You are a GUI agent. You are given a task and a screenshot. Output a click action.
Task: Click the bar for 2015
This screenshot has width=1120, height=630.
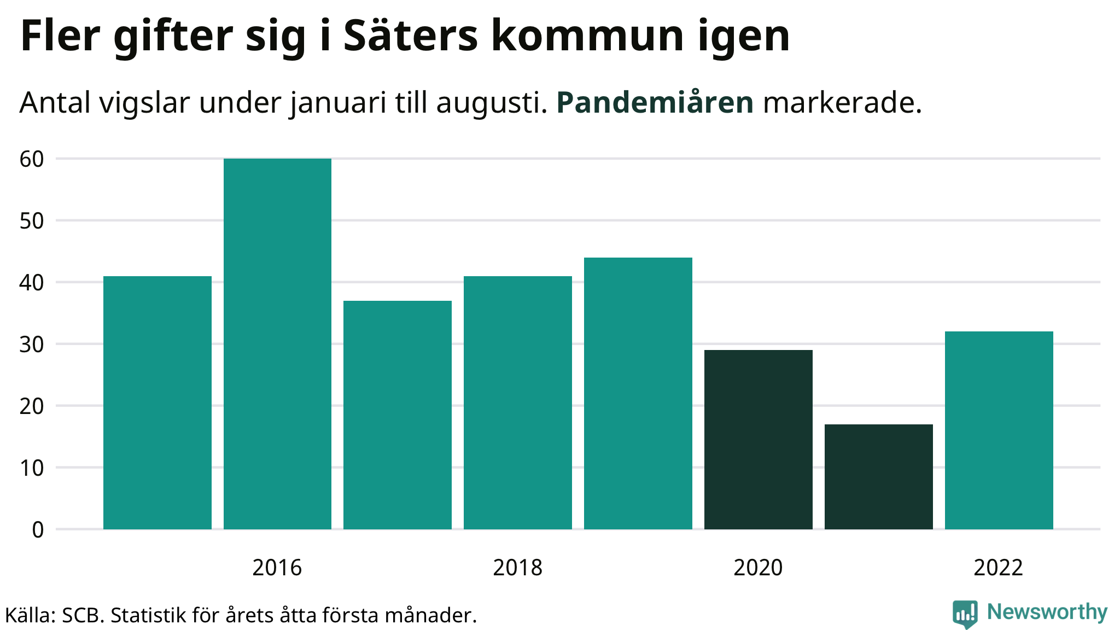pyautogui.click(x=157, y=402)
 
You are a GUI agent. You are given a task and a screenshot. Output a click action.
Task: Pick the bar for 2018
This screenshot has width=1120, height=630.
pyautogui.click(x=518, y=402)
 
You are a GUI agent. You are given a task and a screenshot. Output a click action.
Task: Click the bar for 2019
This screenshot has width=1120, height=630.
pyautogui.click(x=638, y=393)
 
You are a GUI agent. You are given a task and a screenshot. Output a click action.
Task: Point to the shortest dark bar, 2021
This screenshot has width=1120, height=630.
pyautogui.click(x=879, y=476)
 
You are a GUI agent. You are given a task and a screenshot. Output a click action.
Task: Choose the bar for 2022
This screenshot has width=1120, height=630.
pyautogui.click(x=999, y=430)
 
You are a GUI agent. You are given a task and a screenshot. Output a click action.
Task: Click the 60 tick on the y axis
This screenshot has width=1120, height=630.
pyautogui.click(x=32, y=159)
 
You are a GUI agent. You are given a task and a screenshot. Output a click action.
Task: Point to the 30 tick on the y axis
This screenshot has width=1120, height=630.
pyautogui.click(x=32, y=345)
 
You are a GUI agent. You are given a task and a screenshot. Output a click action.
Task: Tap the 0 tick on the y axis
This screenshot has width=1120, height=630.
pyautogui.click(x=38, y=530)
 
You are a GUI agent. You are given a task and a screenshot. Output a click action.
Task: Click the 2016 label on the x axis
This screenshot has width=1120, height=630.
pyautogui.click(x=277, y=568)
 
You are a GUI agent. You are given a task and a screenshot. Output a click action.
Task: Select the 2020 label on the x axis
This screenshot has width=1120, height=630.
pyautogui.click(x=758, y=568)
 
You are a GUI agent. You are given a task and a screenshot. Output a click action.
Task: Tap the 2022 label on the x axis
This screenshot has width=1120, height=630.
pyautogui.click(x=998, y=568)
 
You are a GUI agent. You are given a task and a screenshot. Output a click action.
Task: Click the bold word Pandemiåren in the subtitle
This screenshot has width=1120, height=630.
pyautogui.click(x=655, y=102)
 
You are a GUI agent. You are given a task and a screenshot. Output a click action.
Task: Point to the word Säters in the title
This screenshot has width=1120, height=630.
pyautogui.click(x=410, y=36)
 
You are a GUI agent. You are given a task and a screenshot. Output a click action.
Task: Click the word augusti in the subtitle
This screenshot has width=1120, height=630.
pyautogui.click(x=492, y=102)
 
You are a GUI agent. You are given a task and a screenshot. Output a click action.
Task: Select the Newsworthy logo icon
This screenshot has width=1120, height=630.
pyautogui.click(x=965, y=614)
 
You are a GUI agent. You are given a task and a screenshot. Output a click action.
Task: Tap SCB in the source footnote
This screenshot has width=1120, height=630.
pyautogui.click(x=83, y=616)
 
